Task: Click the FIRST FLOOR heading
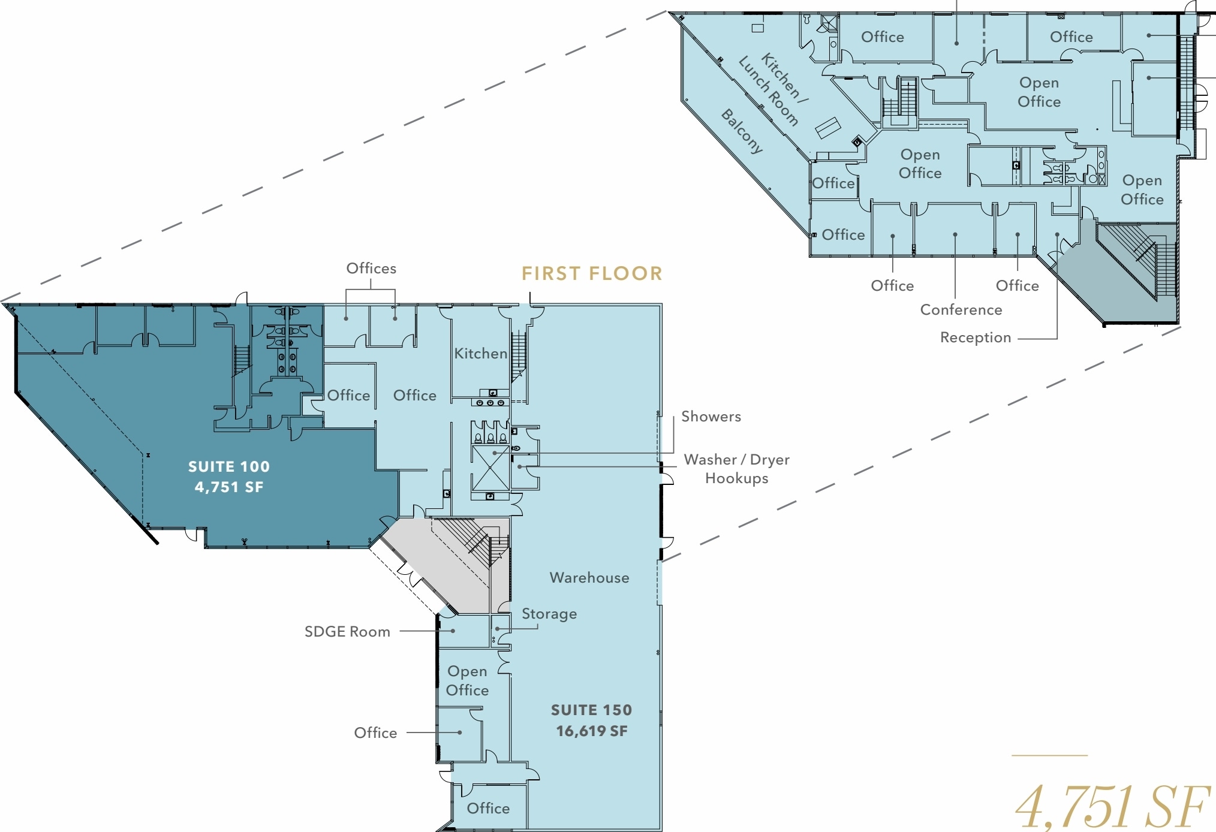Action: pyautogui.click(x=592, y=274)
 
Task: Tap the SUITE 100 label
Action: pyautogui.click(x=229, y=466)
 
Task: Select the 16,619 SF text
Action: pyautogui.click(x=592, y=731)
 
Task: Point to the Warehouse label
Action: pyautogui.click(x=589, y=577)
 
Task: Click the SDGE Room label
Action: pyautogui.click(x=347, y=632)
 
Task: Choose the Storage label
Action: pyautogui.click(x=549, y=614)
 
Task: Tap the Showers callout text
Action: pyautogui.click(x=711, y=417)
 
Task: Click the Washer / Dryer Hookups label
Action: pyautogui.click(x=737, y=469)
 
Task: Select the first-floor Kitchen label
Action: pyautogui.click(x=481, y=354)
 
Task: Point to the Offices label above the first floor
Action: pyautogui.click(x=371, y=269)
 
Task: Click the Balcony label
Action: pyautogui.click(x=742, y=131)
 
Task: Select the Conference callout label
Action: pyautogui.click(x=961, y=310)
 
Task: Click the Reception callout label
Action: pyautogui.click(x=976, y=337)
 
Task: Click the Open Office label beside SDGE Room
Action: pyautogui.click(x=467, y=680)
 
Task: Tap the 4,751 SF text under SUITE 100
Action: pyautogui.click(x=229, y=487)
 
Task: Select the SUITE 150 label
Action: pyautogui.click(x=592, y=710)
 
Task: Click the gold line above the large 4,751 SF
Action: pyautogui.click(x=1049, y=755)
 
